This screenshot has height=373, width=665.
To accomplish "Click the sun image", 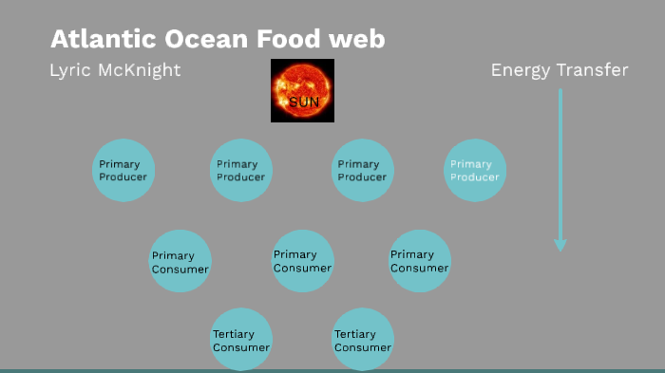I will click(302, 90).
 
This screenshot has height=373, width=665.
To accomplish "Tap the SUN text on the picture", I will click(304, 101).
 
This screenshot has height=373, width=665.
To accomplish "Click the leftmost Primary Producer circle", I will click(124, 171).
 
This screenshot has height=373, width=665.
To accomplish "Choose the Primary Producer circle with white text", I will click(475, 171).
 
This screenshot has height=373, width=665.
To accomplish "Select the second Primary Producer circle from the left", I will click(241, 171).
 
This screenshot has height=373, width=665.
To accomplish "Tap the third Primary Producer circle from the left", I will click(362, 171).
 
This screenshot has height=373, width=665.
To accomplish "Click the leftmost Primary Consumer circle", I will click(180, 261).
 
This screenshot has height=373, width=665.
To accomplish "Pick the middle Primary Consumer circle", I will click(302, 260).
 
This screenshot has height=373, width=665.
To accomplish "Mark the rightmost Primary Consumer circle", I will click(420, 260).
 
